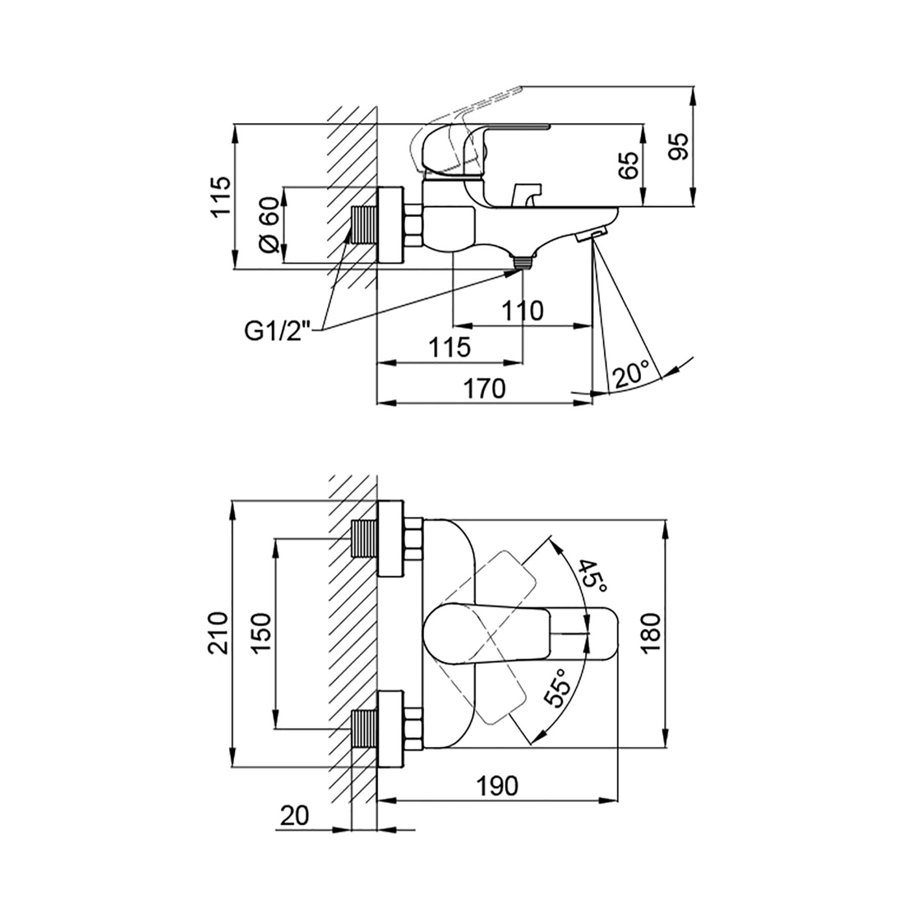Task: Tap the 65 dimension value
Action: (x=630, y=165)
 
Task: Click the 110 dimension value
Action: (x=522, y=311)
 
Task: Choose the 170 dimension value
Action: (x=485, y=389)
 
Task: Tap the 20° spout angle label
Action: (x=632, y=374)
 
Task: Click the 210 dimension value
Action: (x=218, y=632)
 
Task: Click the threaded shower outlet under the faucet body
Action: (x=523, y=262)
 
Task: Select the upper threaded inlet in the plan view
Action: (x=364, y=538)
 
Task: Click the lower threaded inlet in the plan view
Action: (x=364, y=728)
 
